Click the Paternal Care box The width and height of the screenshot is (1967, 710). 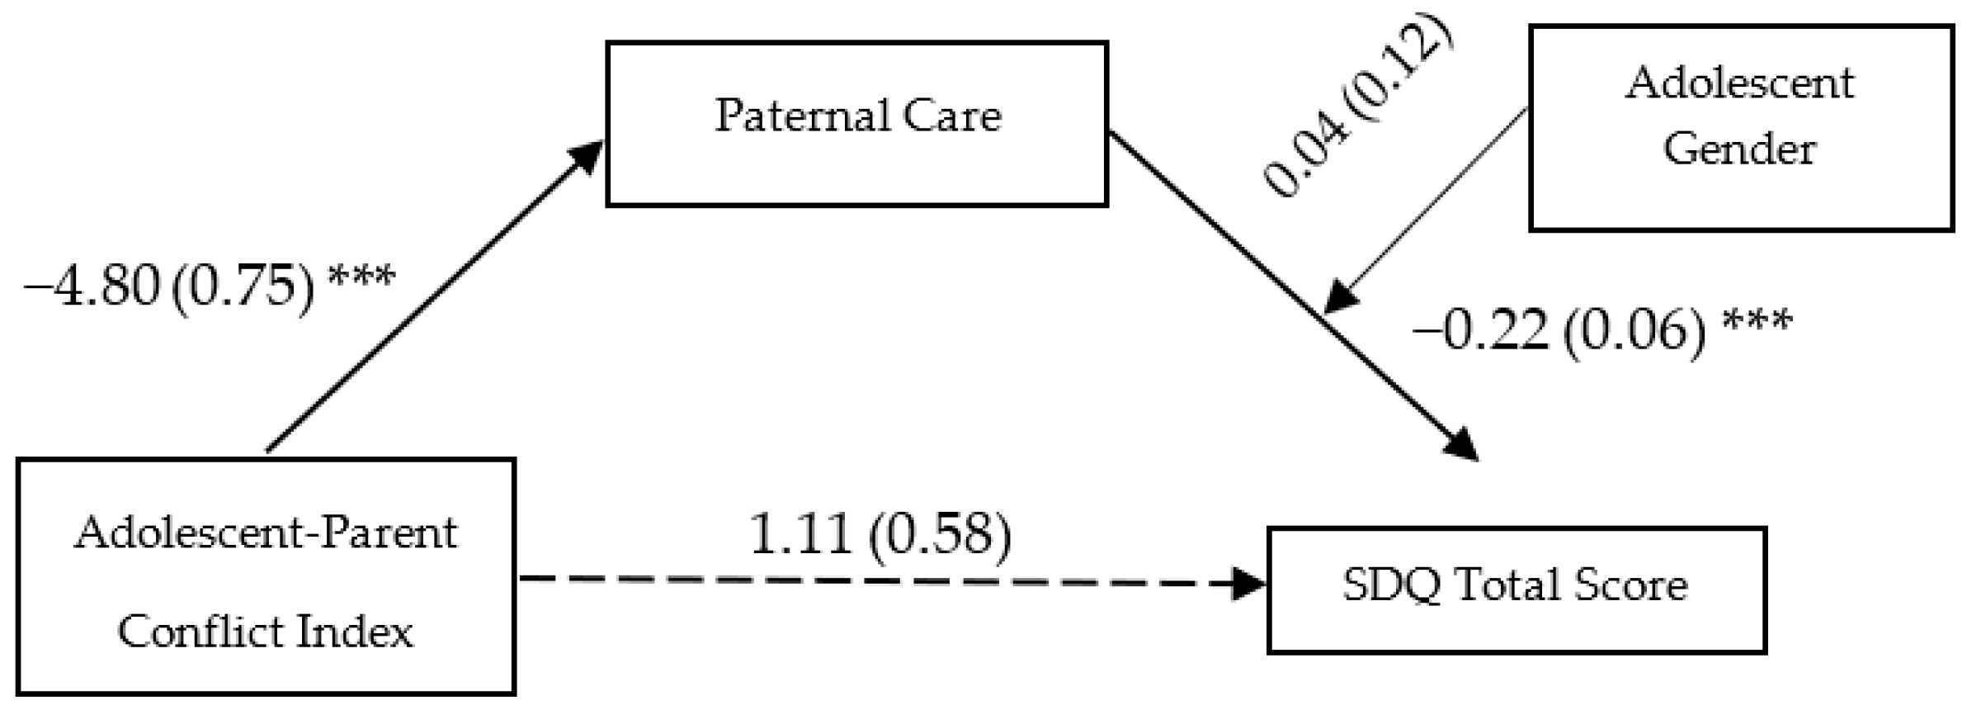point(856,124)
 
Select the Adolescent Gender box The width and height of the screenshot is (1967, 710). point(1741,128)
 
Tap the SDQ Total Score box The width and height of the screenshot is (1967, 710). point(1516,589)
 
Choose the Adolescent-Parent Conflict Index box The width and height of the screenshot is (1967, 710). point(266,576)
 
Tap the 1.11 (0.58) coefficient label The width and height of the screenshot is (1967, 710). point(880,534)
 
